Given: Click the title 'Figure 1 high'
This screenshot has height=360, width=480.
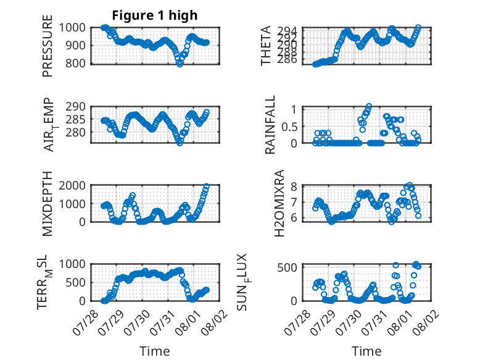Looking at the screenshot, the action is (155, 15).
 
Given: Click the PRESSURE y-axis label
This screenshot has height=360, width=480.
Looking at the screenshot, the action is (48, 46).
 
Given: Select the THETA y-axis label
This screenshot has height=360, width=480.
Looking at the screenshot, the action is (266, 46).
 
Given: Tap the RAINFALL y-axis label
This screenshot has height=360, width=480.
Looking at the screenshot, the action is (270, 125).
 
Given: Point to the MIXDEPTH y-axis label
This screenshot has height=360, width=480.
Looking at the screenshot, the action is (48, 204).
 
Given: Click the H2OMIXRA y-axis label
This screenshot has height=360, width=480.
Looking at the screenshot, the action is (279, 203).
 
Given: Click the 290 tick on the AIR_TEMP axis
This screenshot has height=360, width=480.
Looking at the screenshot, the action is (75, 107).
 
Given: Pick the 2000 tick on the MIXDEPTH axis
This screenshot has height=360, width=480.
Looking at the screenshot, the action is (72, 185).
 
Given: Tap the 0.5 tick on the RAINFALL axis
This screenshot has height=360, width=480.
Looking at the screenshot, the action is (289, 127).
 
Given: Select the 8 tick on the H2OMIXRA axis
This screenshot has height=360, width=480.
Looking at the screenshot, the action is (294, 186).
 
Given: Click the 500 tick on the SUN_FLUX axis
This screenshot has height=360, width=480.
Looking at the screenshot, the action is (287, 268).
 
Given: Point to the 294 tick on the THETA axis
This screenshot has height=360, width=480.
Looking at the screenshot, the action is (287, 31).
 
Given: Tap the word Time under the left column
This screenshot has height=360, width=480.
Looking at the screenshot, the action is (155, 351).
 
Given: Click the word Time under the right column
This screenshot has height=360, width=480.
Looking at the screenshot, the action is (366, 351).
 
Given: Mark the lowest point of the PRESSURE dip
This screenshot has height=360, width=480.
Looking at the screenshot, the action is (180, 64).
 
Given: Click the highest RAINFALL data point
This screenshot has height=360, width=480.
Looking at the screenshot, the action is (369, 106).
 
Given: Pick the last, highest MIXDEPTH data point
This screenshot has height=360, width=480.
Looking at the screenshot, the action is (207, 186).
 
